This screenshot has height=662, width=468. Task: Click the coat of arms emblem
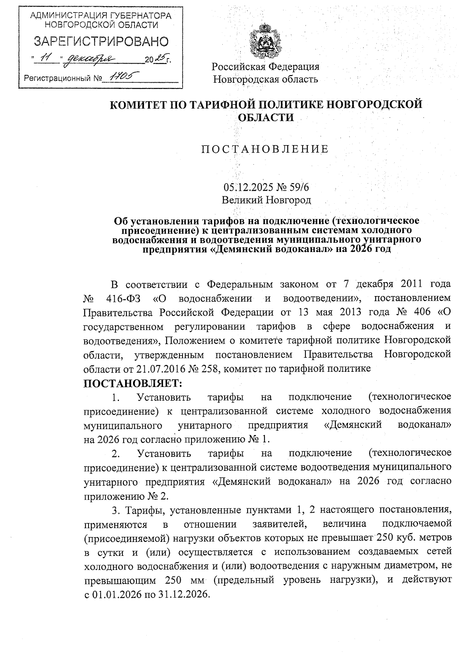(265, 41)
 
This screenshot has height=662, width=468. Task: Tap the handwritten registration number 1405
(121, 77)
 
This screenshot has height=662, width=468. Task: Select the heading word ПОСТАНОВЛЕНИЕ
(265, 149)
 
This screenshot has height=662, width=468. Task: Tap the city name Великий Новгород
(266, 200)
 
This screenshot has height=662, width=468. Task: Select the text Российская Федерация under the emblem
(266, 66)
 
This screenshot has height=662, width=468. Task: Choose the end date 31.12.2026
(183, 594)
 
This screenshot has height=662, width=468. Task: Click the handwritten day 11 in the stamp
(47, 59)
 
